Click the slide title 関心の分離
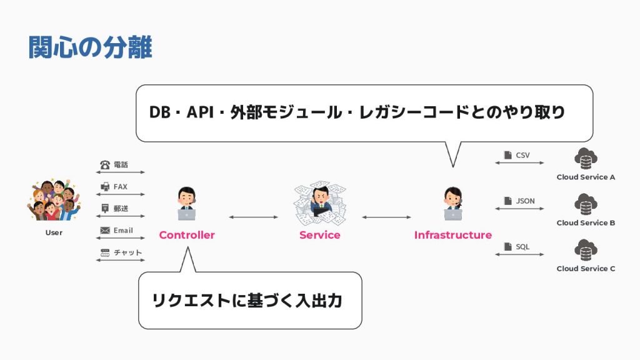coord(91,47)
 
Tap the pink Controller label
coord(187,235)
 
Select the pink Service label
coord(319,235)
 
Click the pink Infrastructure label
coord(452,235)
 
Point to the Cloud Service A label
coord(586,177)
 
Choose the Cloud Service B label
coord(586,222)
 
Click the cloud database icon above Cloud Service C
coord(586,249)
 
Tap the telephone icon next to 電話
coord(105,165)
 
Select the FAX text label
coord(121,187)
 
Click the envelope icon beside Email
coord(105,231)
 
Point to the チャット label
coord(127,252)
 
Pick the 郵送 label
coord(121,209)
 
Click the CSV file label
coord(523,155)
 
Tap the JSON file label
coord(525,201)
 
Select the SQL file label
coord(522,247)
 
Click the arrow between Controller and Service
coord(253,217)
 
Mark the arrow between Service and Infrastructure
coord(386,217)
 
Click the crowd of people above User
coord(53,201)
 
